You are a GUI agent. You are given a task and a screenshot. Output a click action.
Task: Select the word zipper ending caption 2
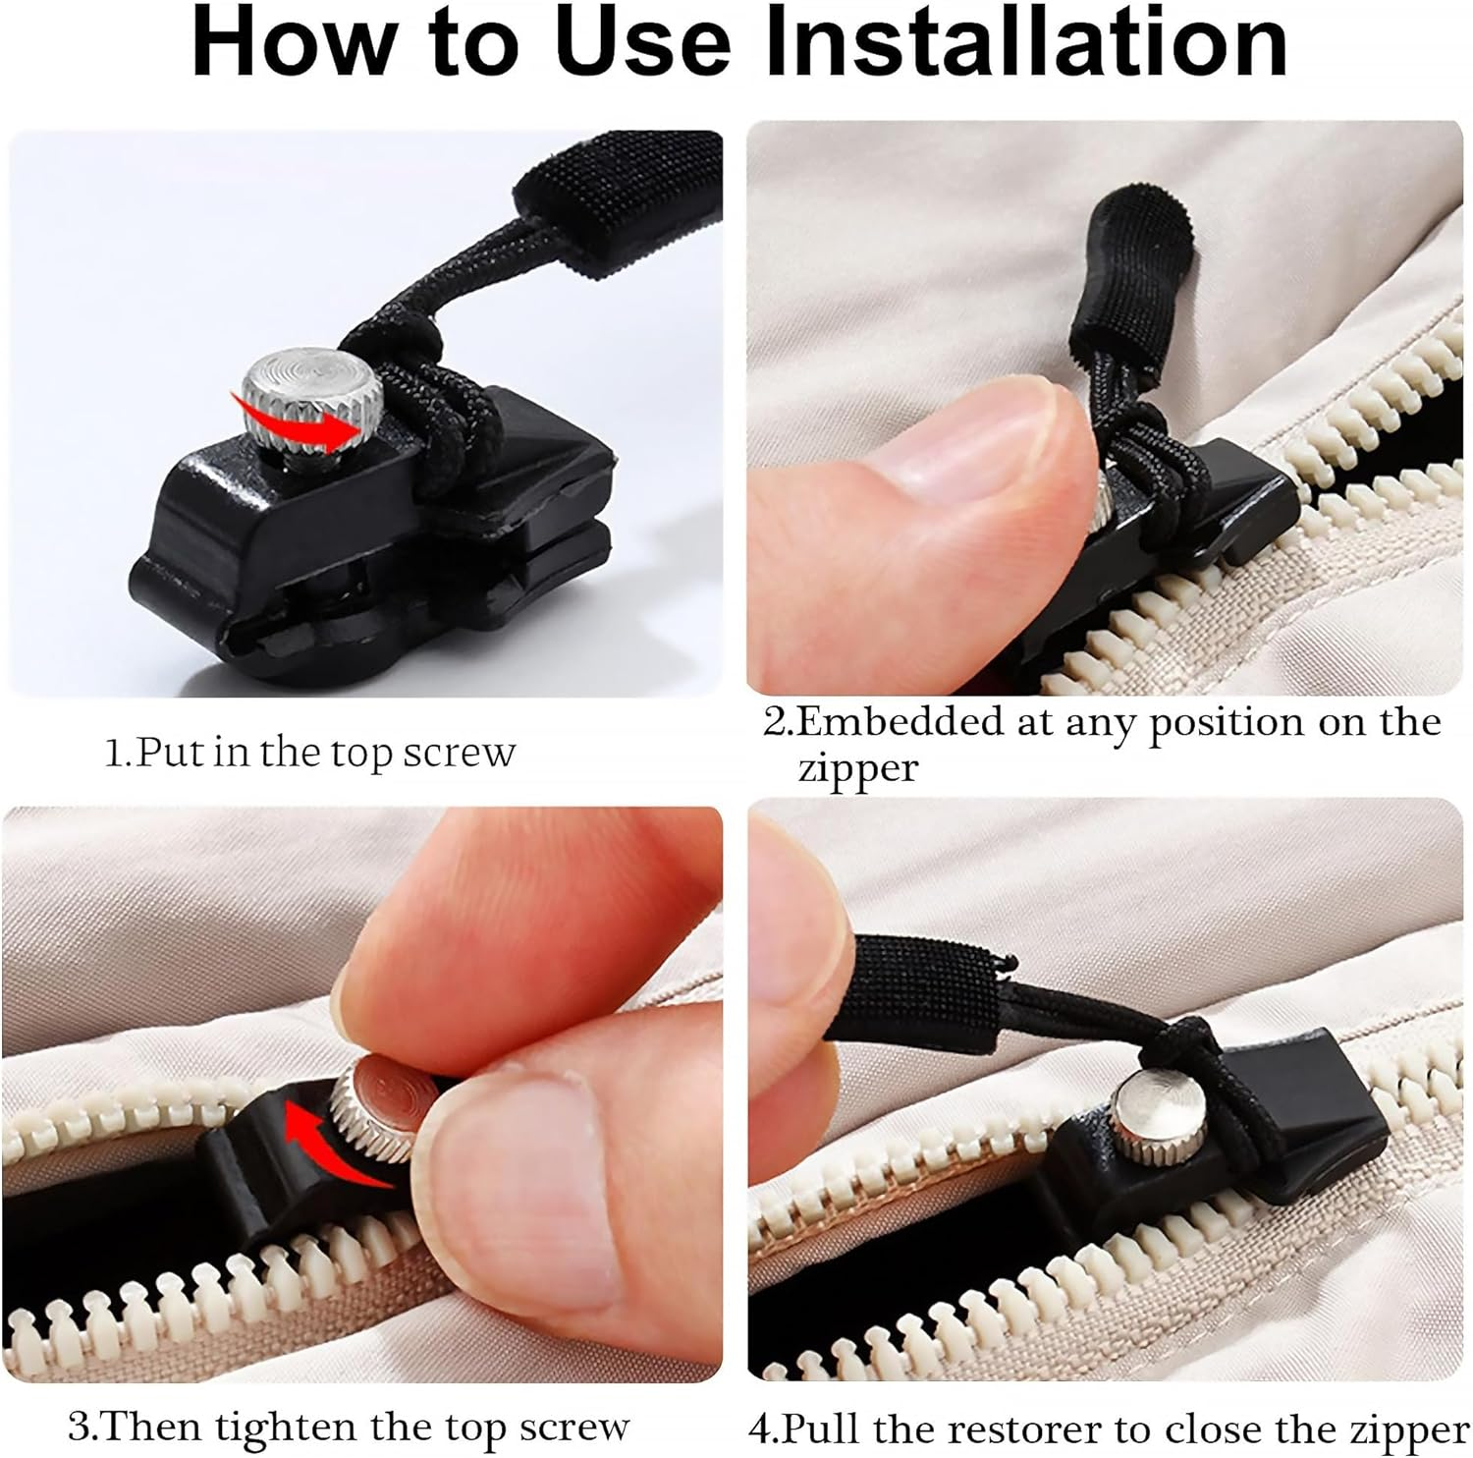point(857,767)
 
